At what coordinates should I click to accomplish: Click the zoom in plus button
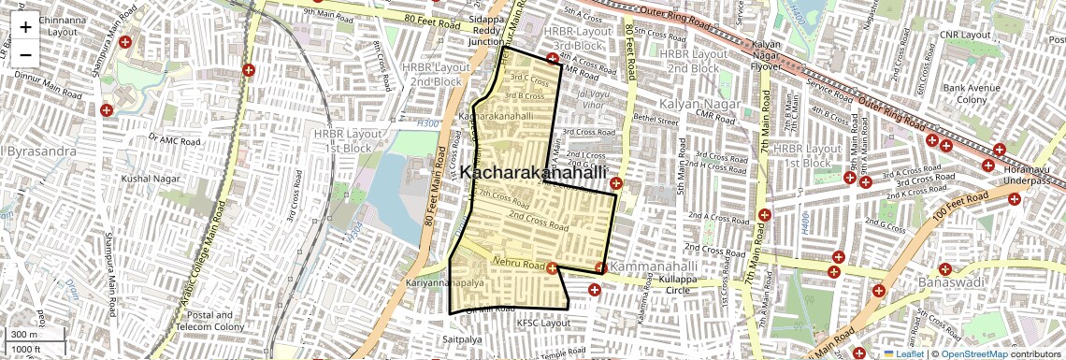(25, 26)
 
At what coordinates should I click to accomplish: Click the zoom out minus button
(25, 53)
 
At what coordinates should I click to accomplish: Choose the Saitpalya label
(463, 338)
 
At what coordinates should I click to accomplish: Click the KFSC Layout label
(543, 323)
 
